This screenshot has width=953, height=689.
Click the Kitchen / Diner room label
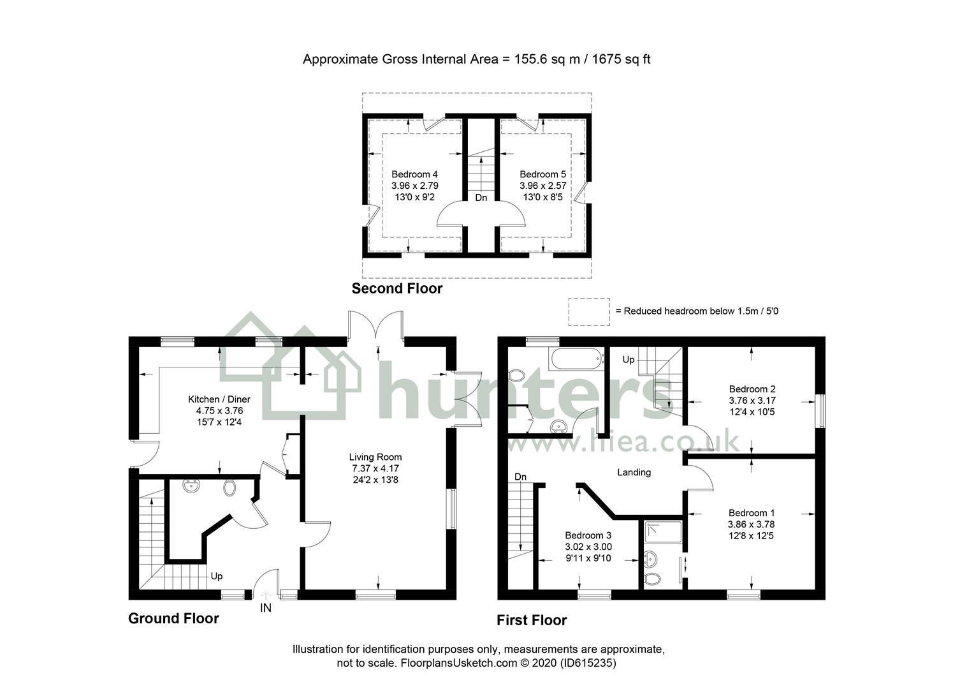[x=215, y=399]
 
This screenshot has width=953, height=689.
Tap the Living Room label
[x=375, y=457]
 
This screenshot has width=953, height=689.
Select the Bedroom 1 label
[x=752, y=513]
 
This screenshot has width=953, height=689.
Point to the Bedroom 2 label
[x=752, y=389]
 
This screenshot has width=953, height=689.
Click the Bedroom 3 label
[x=588, y=535]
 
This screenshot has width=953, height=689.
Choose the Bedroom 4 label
[x=414, y=174]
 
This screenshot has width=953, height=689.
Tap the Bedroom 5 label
[x=542, y=174]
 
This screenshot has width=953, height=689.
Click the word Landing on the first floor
[x=634, y=472]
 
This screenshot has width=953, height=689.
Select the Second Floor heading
[x=396, y=288]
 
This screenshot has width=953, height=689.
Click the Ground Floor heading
[x=173, y=618]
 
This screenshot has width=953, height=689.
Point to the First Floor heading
[x=532, y=620]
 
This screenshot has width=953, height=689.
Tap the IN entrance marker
[x=265, y=608]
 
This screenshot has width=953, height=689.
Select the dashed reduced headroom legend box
[x=588, y=311]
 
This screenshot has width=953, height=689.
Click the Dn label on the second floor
[x=481, y=198]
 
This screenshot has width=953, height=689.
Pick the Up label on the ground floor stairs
[x=217, y=576]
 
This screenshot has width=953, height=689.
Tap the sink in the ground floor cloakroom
[x=191, y=487]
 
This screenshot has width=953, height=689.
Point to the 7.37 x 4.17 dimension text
[x=375, y=468]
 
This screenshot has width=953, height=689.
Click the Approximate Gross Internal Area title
[x=476, y=59]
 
